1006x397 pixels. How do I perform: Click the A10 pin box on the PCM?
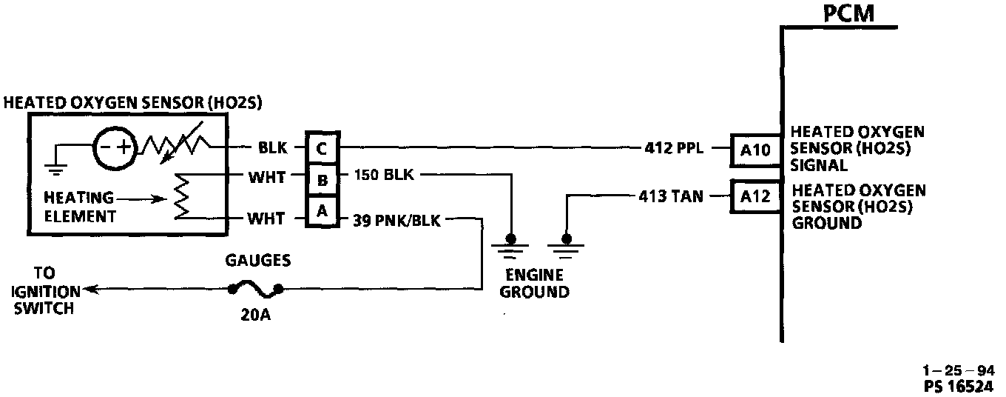pyautogui.click(x=754, y=150)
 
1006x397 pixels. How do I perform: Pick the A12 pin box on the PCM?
pyautogui.click(x=754, y=197)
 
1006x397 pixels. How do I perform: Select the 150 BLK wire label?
pyautogui.click(x=385, y=176)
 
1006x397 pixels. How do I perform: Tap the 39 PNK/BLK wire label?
pyautogui.click(x=398, y=219)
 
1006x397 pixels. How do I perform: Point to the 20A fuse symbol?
pyautogui.click(x=254, y=288)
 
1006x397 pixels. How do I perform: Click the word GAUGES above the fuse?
pyautogui.click(x=259, y=261)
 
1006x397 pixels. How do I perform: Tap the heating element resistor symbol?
pyautogui.click(x=180, y=198)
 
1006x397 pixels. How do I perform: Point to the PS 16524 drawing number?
pyautogui.click(x=959, y=386)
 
